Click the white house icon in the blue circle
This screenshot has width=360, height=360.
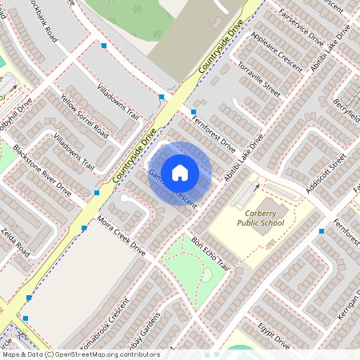180,171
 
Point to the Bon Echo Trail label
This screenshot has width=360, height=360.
210,254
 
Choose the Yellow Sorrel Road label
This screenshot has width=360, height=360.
84,114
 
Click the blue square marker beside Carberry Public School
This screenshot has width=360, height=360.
322,231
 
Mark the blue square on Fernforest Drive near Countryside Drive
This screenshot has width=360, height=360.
194,113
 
